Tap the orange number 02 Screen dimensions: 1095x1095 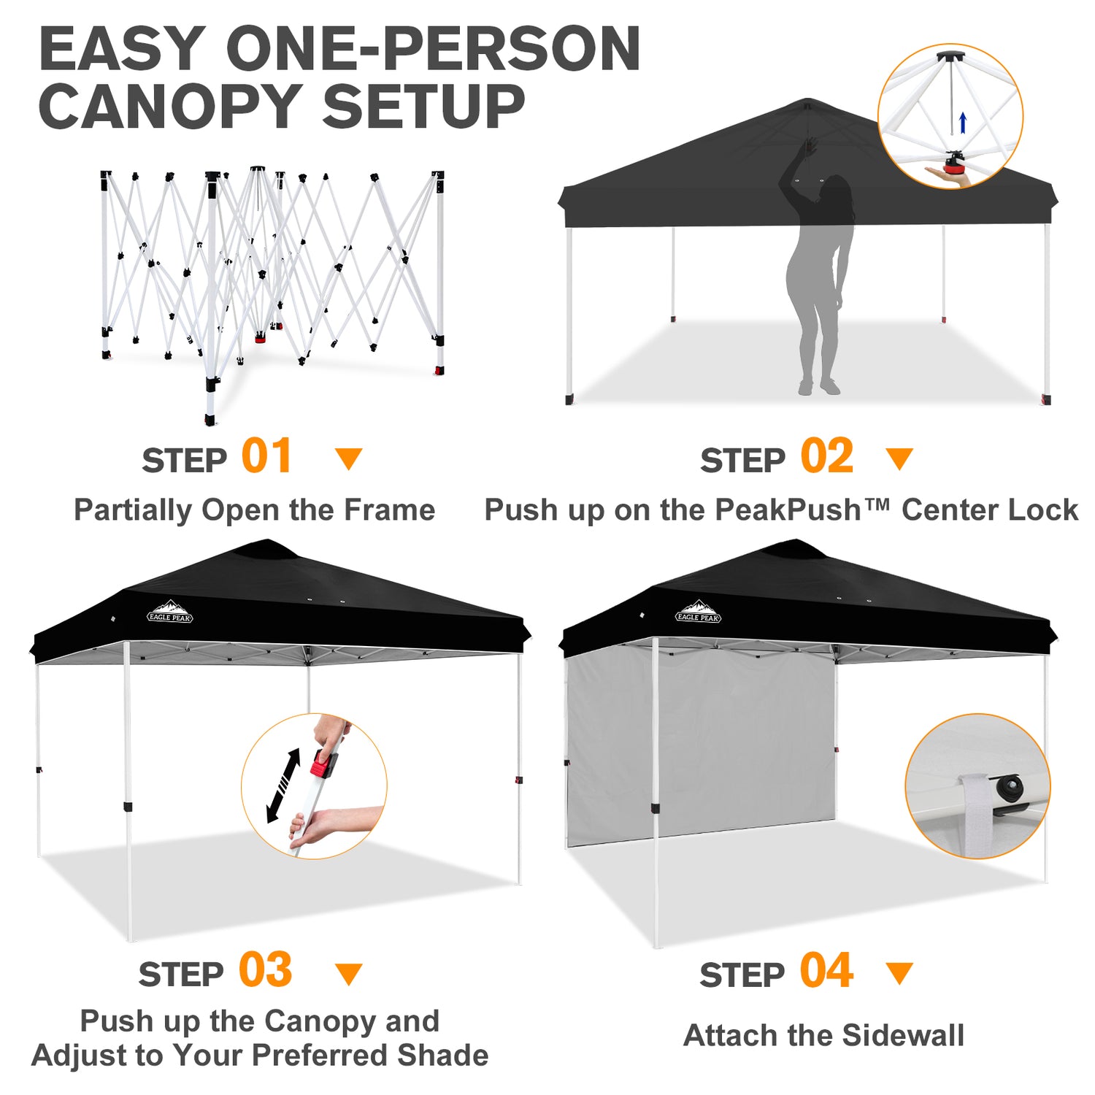click(x=827, y=456)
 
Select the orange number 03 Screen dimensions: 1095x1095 click(x=266, y=970)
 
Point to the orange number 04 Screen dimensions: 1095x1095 click(x=826, y=971)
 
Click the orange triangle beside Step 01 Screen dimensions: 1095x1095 click(x=348, y=459)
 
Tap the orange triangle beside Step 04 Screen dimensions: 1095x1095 click(x=899, y=973)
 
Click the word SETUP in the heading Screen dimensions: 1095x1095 click(x=423, y=107)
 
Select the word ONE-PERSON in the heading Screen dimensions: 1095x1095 click(x=434, y=49)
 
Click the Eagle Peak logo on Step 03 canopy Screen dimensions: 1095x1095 click(x=170, y=612)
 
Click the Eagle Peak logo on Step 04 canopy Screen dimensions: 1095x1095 click(x=699, y=612)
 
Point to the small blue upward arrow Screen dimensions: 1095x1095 click(x=963, y=123)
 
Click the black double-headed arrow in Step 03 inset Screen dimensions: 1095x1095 click(x=283, y=785)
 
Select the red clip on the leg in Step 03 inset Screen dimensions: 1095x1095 click(x=322, y=764)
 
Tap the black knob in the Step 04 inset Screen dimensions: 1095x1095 click(x=1011, y=787)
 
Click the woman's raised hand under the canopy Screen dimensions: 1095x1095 click(x=809, y=147)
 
